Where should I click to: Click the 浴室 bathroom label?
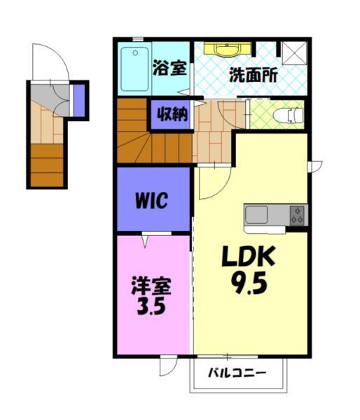[x=169, y=69]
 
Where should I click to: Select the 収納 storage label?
[x=170, y=114]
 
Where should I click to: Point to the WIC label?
[x=151, y=202]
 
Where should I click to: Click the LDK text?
[x=249, y=258]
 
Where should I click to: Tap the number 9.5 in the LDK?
[x=249, y=285]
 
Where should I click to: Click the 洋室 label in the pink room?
[x=151, y=287]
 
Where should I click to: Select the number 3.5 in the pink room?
[x=151, y=308]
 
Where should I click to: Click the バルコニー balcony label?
[x=237, y=372]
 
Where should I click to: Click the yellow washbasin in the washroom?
[x=226, y=50]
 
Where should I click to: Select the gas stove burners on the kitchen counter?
[x=298, y=214]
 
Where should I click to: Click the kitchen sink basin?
[x=256, y=213]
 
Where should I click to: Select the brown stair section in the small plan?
[x=47, y=165]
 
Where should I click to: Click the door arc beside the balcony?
[x=169, y=367]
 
